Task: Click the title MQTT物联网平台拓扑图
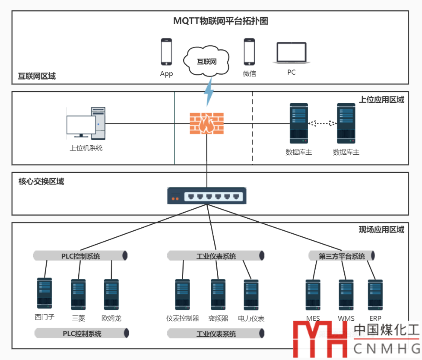[221, 21]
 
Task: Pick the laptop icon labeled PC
[292, 54]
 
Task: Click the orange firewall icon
[207, 124]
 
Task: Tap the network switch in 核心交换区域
[207, 196]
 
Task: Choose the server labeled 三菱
[78, 294]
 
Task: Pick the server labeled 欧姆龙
[111, 294]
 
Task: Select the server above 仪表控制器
[182, 294]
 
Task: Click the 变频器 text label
[218, 319]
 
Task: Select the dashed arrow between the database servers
[322, 124]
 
